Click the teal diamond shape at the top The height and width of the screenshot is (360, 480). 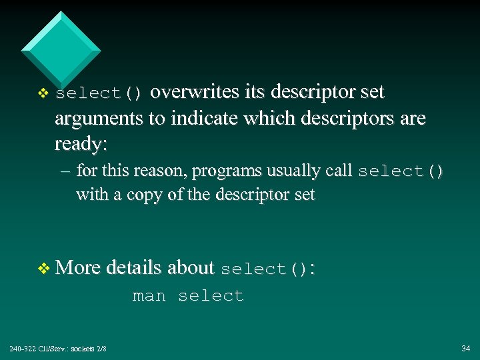tap(61, 49)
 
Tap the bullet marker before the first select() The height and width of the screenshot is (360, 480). tap(43, 93)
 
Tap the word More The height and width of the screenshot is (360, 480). tap(78, 267)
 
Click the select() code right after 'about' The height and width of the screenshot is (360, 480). tap(264, 269)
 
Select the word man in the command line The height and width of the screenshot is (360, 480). tap(149, 295)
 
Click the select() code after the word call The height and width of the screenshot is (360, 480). tap(400, 171)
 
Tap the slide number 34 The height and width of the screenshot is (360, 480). tap(465, 349)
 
